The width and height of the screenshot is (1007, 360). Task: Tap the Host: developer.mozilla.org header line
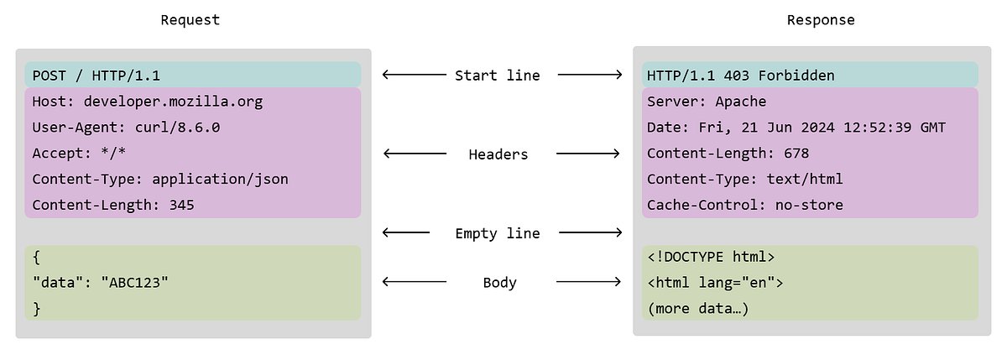(147, 102)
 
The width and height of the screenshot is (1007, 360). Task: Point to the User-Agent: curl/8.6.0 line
(126, 128)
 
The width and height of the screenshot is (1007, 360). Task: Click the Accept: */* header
(79, 154)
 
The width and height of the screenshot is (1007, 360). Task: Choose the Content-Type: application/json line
(160, 180)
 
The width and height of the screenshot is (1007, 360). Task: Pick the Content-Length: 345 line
(113, 205)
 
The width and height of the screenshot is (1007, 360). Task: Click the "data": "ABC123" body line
(100, 283)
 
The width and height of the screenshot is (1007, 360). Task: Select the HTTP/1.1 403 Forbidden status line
(741, 76)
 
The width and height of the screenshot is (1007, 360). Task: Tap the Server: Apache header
(707, 102)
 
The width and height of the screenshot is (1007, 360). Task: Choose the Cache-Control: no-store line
(745, 205)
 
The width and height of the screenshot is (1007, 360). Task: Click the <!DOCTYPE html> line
(711, 257)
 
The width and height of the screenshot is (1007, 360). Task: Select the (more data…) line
(698, 309)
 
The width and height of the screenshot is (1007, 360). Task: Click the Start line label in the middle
(498, 76)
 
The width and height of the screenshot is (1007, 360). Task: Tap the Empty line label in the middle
(498, 233)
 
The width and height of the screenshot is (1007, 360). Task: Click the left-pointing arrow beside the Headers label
(415, 154)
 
